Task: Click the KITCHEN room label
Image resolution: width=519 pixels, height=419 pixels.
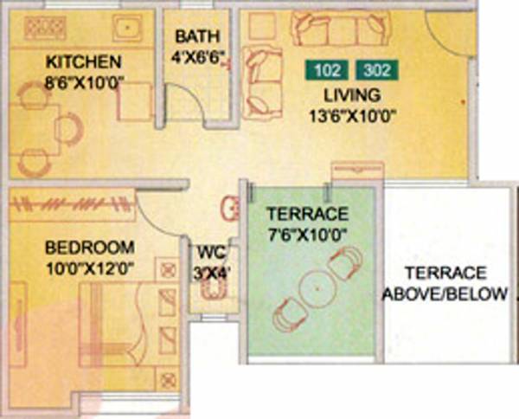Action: click(x=83, y=62)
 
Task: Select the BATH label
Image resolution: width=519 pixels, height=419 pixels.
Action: click(x=196, y=37)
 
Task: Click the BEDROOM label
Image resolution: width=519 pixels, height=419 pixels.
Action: click(x=90, y=245)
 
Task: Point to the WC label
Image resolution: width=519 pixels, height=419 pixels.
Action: click(x=209, y=255)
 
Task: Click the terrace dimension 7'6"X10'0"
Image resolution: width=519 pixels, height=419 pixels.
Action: click(x=307, y=234)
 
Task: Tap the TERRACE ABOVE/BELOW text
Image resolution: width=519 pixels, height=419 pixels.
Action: click(x=445, y=283)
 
